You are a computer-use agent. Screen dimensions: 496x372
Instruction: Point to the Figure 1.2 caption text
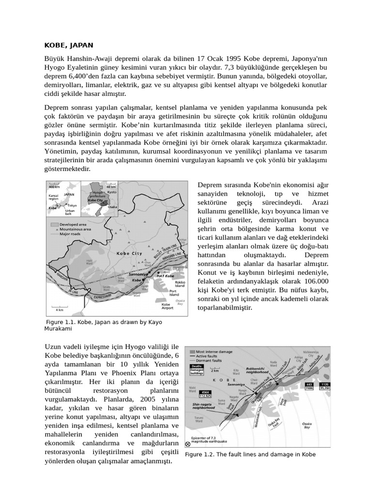pyautogui.click(x=250, y=454)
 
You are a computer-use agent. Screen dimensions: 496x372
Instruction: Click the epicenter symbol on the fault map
pyautogui.click(x=188, y=443)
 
